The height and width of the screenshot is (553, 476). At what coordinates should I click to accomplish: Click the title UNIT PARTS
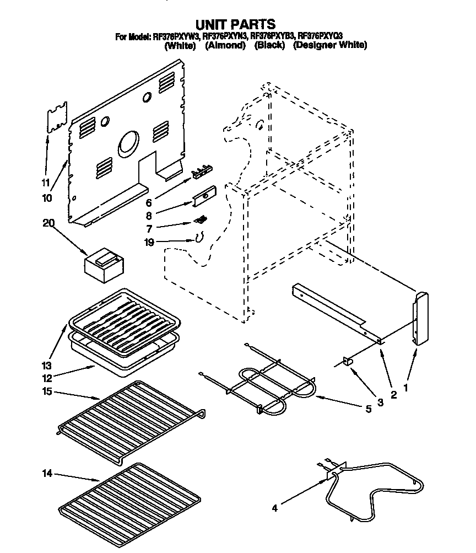click(x=236, y=24)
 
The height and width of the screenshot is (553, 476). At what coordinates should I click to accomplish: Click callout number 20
click(x=49, y=223)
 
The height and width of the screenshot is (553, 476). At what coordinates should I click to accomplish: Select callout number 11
click(x=46, y=182)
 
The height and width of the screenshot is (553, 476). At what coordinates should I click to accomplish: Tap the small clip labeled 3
click(x=348, y=361)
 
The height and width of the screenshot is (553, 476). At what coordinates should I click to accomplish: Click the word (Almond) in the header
click(x=225, y=46)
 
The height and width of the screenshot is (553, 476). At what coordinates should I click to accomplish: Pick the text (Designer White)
click(x=329, y=46)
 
